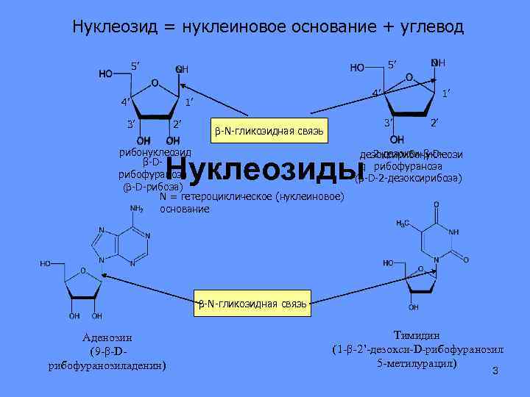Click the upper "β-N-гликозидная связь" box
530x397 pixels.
tap(269, 131)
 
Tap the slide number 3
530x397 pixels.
tap(495, 371)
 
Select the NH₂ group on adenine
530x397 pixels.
tap(136, 209)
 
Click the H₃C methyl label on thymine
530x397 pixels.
tap(403, 223)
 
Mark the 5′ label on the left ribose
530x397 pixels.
tap(135, 66)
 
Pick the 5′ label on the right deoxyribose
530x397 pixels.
tap(394, 63)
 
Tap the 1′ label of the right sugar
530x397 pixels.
tap(446, 93)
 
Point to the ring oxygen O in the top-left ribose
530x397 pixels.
tap(154, 82)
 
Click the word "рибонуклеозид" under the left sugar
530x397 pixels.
tap(155, 152)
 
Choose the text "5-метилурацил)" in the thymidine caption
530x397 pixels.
tap(416, 363)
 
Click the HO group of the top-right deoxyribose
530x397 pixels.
tap(357, 68)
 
